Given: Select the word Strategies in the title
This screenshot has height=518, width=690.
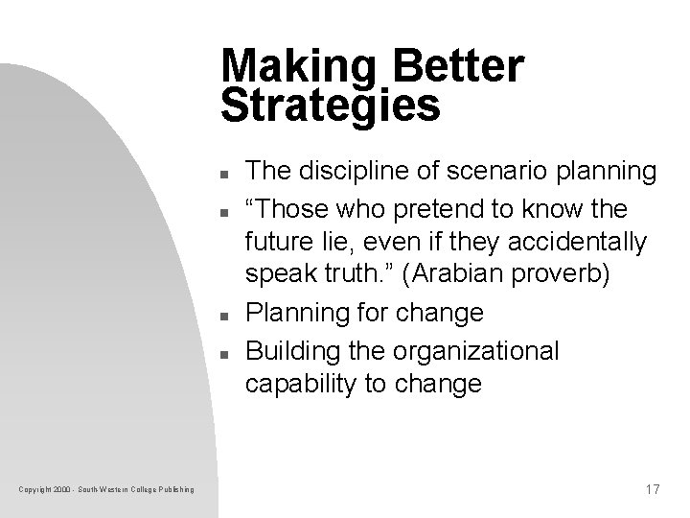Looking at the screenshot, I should (331, 106).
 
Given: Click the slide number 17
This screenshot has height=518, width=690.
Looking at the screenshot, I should (652, 490).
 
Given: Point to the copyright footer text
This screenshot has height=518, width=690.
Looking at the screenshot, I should (106, 491).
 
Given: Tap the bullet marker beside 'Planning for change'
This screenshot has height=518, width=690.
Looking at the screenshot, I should (222, 316).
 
